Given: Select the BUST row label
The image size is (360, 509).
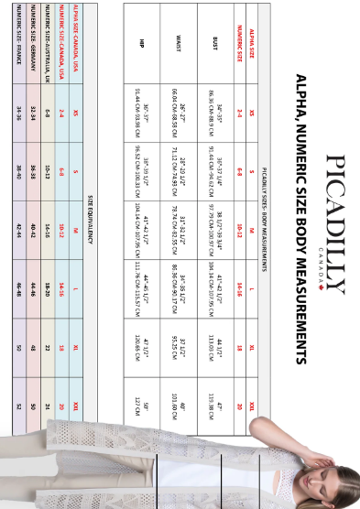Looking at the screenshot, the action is (x=214, y=42).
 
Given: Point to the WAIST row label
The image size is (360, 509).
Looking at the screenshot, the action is (x=180, y=42).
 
